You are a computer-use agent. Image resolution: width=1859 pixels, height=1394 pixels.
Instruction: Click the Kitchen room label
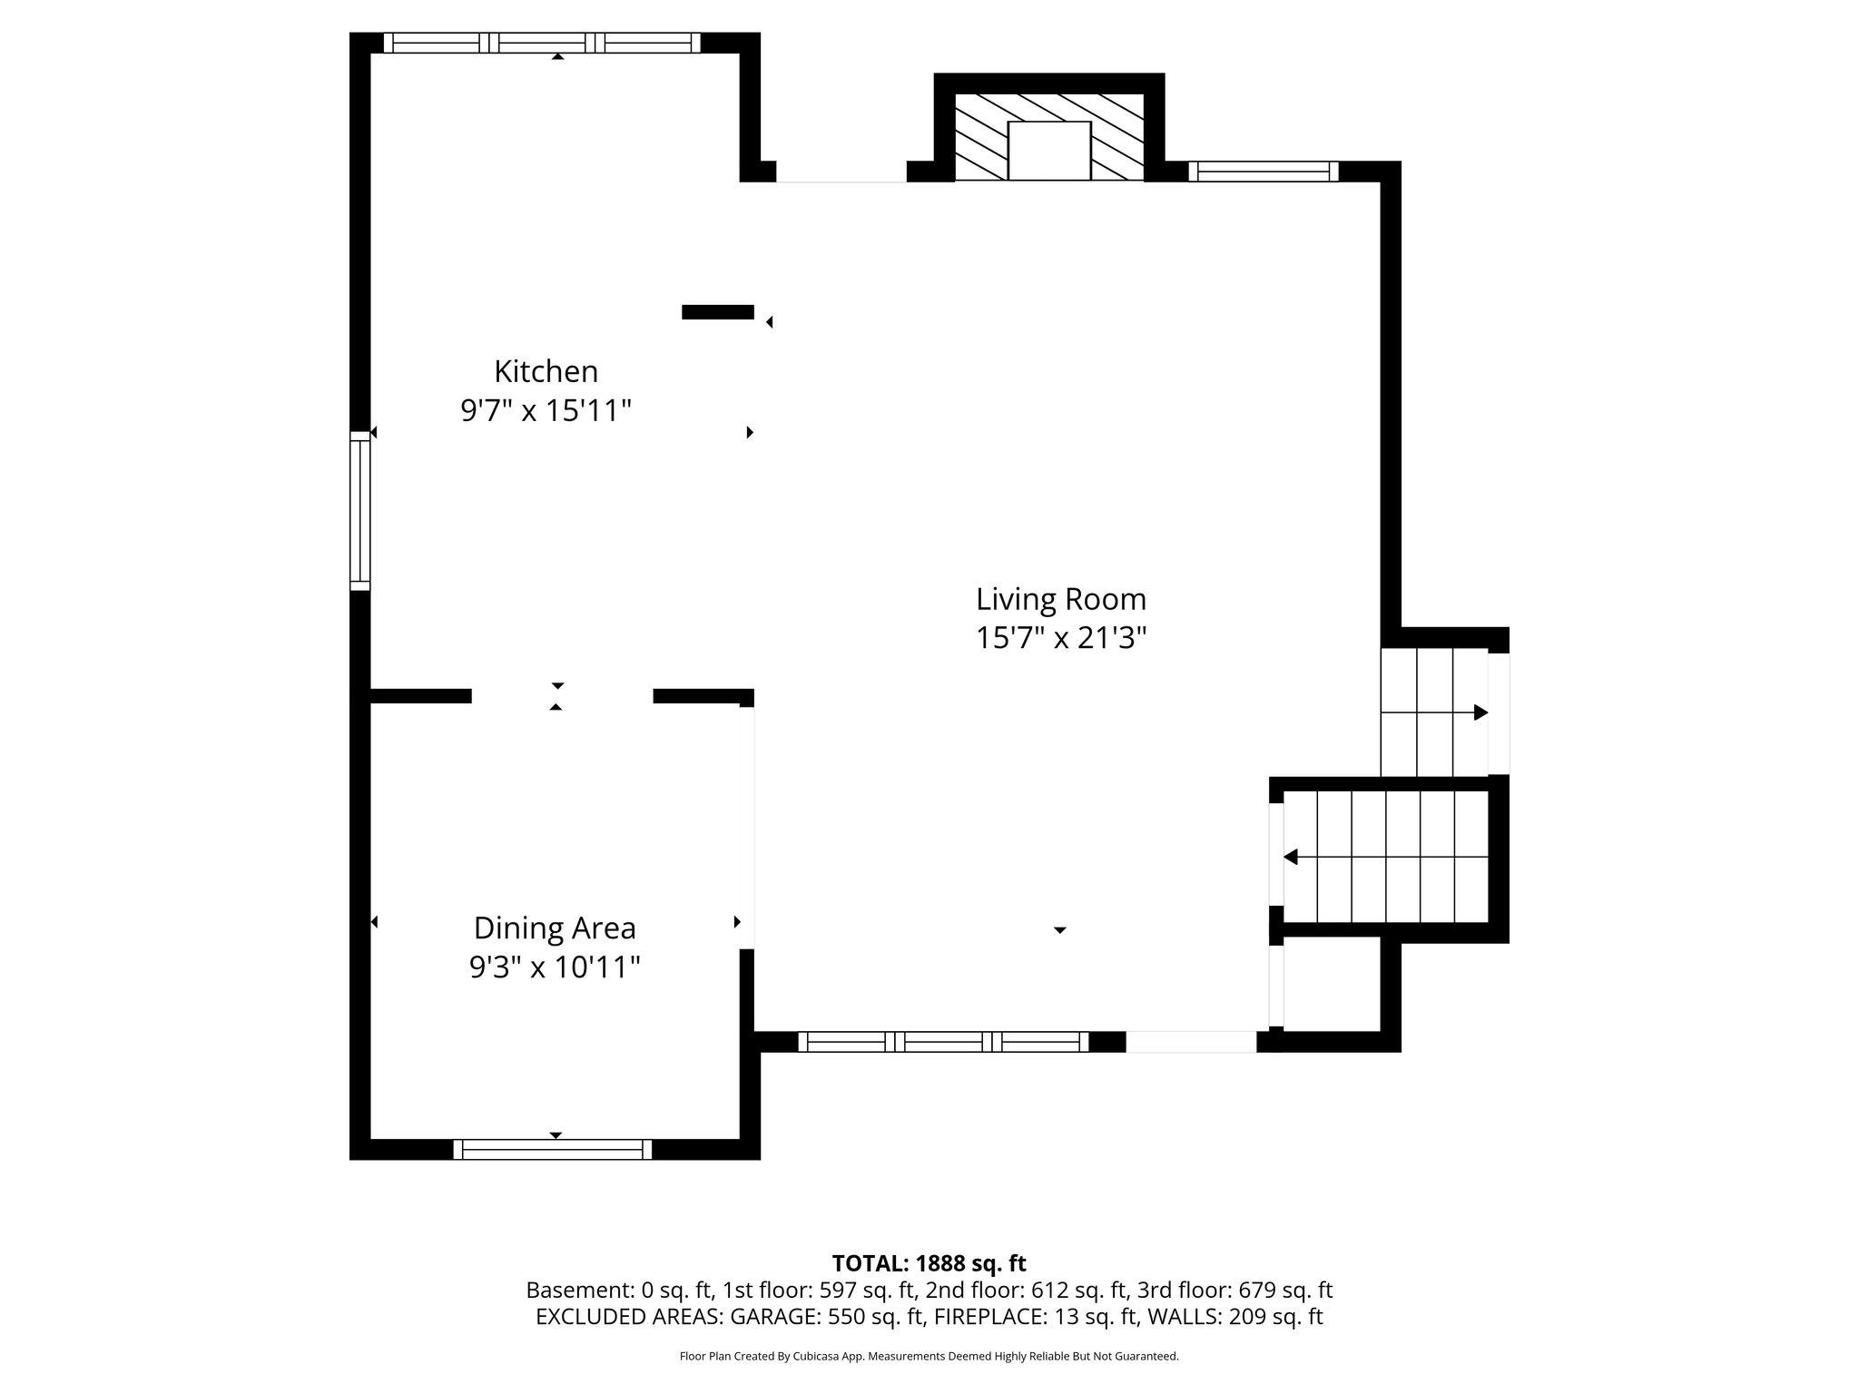click(x=546, y=371)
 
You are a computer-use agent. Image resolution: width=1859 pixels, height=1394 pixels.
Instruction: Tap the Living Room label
click(x=1061, y=599)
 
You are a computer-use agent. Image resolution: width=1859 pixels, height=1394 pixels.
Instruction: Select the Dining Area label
click(x=555, y=928)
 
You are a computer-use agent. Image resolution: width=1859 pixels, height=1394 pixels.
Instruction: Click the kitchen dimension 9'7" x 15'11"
click(x=546, y=411)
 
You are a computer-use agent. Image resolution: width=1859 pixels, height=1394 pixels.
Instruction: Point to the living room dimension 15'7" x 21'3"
click(x=1061, y=639)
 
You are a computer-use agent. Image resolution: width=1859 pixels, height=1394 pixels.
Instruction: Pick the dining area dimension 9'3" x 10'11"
click(x=555, y=967)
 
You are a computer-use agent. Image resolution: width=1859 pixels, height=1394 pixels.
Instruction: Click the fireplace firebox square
click(x=1048, y=151)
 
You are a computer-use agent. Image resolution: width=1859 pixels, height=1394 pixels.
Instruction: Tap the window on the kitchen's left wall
click(x=360, y=510)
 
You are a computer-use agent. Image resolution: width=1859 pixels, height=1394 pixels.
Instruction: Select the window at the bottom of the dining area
click(x=553, y=1149)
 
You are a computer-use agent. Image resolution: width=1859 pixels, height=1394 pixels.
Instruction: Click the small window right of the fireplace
click(x=1264, y=172)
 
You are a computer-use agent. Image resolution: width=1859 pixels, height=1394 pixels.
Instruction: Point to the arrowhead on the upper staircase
click(x=1480, y=712)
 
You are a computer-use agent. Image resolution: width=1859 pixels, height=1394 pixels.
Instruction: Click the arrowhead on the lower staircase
click(x=1290, y=857)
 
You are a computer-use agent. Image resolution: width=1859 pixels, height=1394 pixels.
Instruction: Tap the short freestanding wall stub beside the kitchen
click(x=717, y=312)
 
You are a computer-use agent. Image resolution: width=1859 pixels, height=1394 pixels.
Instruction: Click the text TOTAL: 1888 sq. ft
click(x=929, y=1263)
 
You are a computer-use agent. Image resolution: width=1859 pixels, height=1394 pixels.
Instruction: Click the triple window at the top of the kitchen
click(x=542, y=43)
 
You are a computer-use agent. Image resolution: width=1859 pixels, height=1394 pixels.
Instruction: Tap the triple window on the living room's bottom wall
click(x=943, y=1042)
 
